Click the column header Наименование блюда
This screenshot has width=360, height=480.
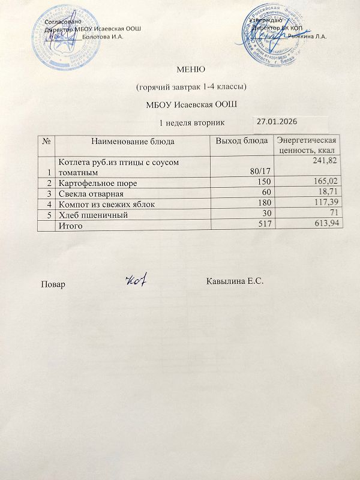(x=133, y=142)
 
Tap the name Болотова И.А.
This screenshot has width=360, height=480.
(x=103, y=37)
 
